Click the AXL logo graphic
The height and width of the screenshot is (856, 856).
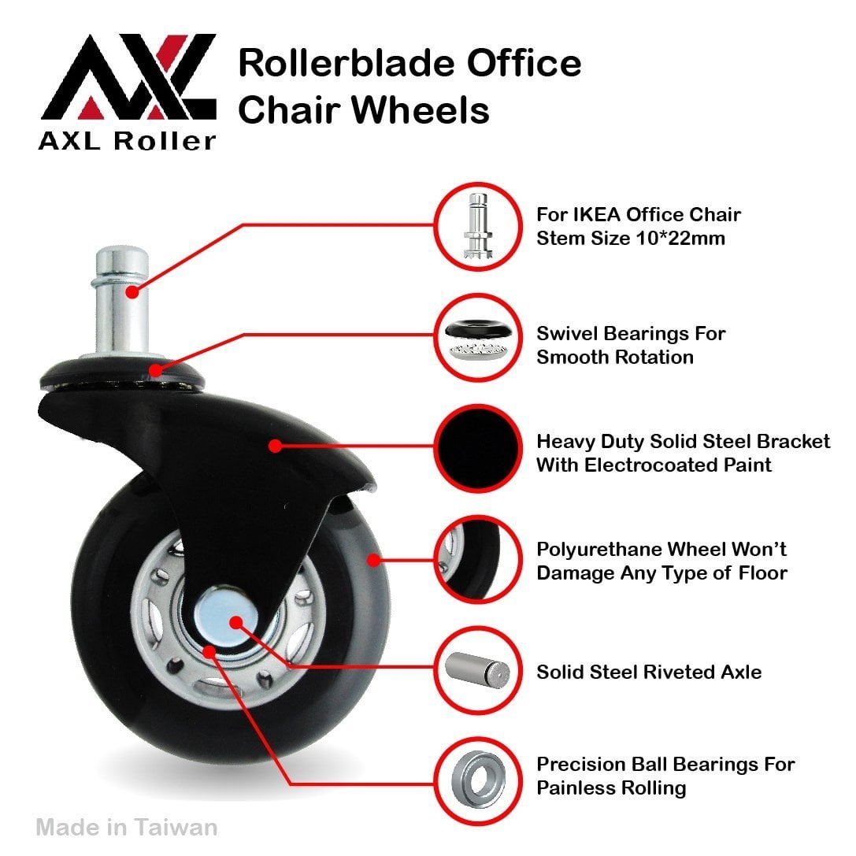coord(128,76)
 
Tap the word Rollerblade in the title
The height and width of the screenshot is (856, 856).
coord(346,63)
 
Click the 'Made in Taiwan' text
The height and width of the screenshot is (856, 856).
coord(127,827)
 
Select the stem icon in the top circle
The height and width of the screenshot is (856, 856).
coord(478,225)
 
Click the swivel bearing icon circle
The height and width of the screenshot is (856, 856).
coord(478,337)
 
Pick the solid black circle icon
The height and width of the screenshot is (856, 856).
coord(478,448)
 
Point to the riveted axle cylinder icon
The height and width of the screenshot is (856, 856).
coord(477,670)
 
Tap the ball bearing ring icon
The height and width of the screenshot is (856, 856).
coord(478,780)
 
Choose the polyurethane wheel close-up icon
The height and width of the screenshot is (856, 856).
coord(478,559)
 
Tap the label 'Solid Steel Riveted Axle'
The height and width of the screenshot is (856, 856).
coord(649,672)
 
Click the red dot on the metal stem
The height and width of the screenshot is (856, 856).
coord(132,291)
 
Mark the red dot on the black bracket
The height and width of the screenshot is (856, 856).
coord(276,446)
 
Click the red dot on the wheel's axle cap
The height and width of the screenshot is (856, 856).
coord(235,622)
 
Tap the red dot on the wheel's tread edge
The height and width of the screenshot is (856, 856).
coord(373,560)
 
